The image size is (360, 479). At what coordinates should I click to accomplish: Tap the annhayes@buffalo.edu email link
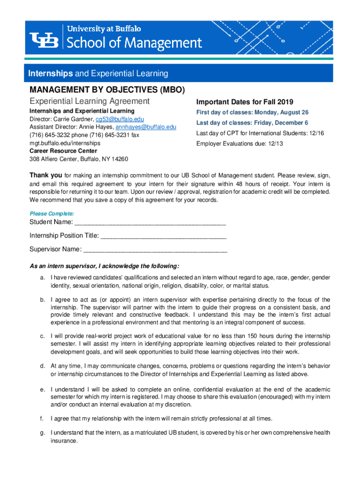146,127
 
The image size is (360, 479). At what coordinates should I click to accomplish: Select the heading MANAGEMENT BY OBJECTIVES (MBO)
107,89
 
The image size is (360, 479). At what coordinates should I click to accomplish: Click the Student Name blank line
150,222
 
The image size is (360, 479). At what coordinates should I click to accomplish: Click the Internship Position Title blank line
164,235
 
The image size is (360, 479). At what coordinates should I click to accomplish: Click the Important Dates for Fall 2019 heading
244,102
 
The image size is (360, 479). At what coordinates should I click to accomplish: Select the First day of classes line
252,113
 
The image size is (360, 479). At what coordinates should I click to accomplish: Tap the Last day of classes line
252,123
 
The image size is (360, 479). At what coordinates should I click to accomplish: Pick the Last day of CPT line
260,133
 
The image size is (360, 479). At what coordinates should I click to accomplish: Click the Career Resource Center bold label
63,151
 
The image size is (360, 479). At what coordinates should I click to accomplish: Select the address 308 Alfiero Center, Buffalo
79,159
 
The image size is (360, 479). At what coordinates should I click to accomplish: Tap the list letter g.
42,433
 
